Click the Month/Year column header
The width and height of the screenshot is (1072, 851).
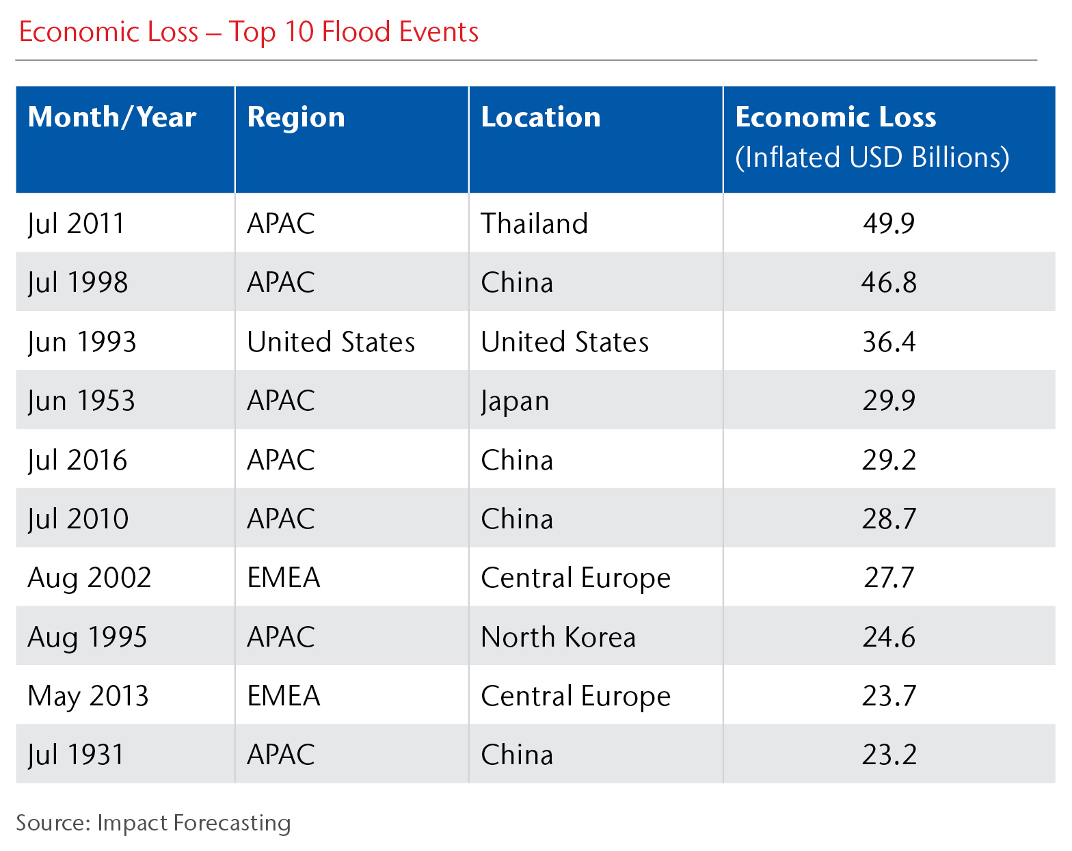(x=112, y=118)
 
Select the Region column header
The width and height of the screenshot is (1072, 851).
(x=296, y=118)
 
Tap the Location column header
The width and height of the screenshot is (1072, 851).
(x=541, y=118)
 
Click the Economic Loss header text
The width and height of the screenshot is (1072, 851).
(x=835, y=118)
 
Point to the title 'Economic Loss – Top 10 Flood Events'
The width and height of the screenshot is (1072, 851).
(x=249, y=32)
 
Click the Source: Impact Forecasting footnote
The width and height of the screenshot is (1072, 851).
(x=153, y=822)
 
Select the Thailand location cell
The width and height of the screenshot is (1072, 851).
(x=534, y=224)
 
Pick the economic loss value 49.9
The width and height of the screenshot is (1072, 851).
(x=888, y=224)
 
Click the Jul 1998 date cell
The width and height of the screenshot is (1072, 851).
(x=78, y=282)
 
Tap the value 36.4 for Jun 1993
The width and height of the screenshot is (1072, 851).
(x=888, y=342)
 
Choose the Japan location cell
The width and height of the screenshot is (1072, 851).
(x=515, y=401)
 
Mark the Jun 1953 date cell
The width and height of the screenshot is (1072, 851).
(x=81, y=401)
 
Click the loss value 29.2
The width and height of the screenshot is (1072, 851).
(x=888, y=460)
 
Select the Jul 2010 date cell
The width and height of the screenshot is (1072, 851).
(x=78, y=519)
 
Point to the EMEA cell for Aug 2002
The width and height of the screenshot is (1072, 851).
(x=284, y=578)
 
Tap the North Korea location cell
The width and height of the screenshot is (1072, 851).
(x=558, y=637)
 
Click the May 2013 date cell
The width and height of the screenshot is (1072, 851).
(x=88, y=696)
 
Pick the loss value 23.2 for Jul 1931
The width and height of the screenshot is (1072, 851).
(x=888, y=755)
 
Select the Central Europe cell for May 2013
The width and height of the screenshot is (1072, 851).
(x=576, y=696)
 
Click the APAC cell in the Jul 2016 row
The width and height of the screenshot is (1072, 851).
(x=281, y=460)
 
